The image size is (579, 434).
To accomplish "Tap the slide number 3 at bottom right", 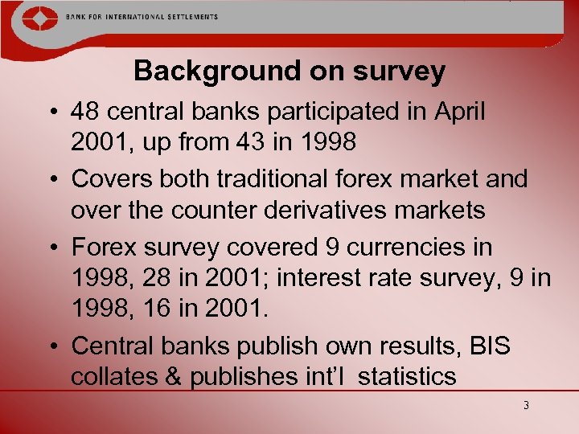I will pyautogui.click(x=525, y=406).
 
